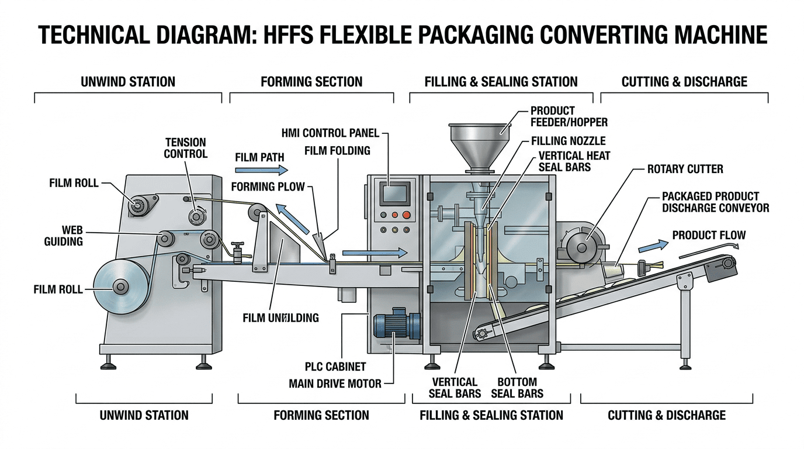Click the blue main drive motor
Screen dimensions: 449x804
(x=396, y=325)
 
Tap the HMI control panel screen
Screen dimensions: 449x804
(x=393, y=193)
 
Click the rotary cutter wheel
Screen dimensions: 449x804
(x=582, y=247)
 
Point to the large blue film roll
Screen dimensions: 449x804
(x=120, y=286)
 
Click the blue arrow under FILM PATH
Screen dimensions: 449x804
(x=261, y=170)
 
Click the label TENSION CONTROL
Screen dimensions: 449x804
(x=185, y=148)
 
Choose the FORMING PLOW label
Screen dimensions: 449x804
(x=268, y=187)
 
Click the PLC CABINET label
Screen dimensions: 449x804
(x=335, y=367)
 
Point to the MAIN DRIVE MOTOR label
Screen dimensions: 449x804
(x=335, y=384)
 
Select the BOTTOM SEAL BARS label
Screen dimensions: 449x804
(x=517, y=388)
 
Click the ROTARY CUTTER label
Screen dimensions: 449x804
(x=685, y=169)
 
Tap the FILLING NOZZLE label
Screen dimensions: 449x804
(x=568, y=141)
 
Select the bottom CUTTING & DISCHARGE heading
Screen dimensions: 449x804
(x=667, y=415)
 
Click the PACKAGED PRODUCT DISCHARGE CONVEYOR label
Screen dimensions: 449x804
(x=715, y=202)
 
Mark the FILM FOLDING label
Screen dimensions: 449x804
(x=337, y=151)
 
